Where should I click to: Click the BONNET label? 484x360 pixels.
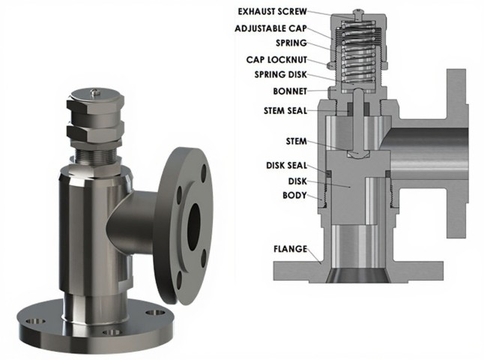click(x=288, y=91)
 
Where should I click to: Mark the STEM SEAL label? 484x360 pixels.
click(x=282, y=110)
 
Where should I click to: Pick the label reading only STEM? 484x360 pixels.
click(x=296, y=141)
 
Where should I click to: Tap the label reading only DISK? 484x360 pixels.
click(x=297, y=181)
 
